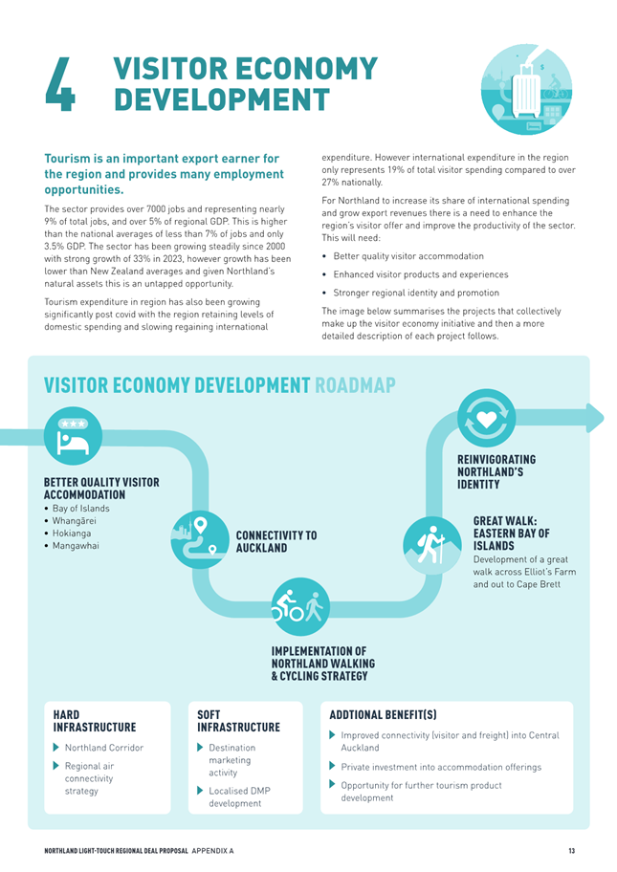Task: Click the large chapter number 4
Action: tap(60, 84)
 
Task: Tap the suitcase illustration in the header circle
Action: tap(526, 90)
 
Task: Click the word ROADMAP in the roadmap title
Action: tap(355, 384)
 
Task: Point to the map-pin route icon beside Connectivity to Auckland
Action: tap(200, 539)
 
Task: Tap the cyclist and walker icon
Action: tap(300, 606)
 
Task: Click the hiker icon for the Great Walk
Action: tap(431, 546)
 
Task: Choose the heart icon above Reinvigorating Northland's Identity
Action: tap(486, 418)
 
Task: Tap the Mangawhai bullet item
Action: tap(71, 546)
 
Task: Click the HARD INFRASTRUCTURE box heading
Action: tap(95, 721)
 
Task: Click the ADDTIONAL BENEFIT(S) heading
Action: tap(383, 714)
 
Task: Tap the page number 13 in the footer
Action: tap(572, 850)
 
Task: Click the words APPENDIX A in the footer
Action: tap(212, 851)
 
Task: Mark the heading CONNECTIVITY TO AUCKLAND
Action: tap(275, 542)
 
